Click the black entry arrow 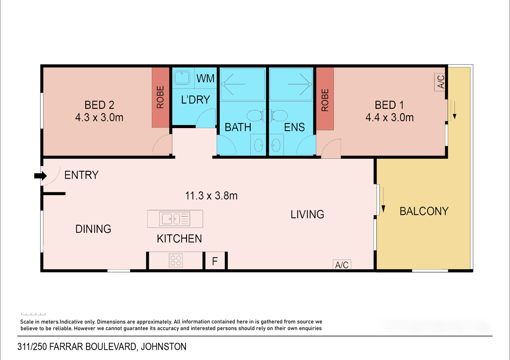41,176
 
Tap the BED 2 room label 99,105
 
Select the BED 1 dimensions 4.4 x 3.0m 390,117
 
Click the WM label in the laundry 205,79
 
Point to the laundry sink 182,77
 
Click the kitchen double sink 175,219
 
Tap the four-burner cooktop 176,261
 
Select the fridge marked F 215,261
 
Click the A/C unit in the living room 342,265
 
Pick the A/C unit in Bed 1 440,82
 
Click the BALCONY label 424,211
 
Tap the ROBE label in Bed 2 160,97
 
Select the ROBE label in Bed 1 325,100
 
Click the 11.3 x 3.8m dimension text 211,196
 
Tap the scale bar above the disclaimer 33,314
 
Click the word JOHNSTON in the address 164,347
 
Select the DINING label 93,229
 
